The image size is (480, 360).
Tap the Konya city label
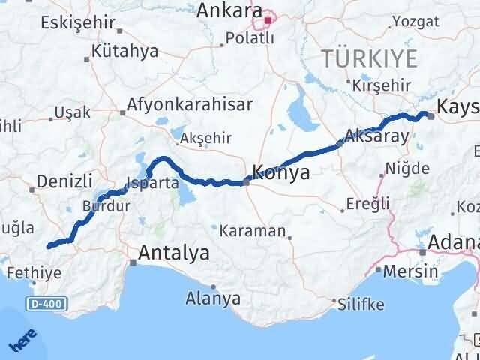281,172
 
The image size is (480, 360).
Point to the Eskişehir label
74,21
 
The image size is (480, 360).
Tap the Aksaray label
376,136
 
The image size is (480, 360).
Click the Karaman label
252,230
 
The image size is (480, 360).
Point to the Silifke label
361,304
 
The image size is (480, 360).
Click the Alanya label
213,298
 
